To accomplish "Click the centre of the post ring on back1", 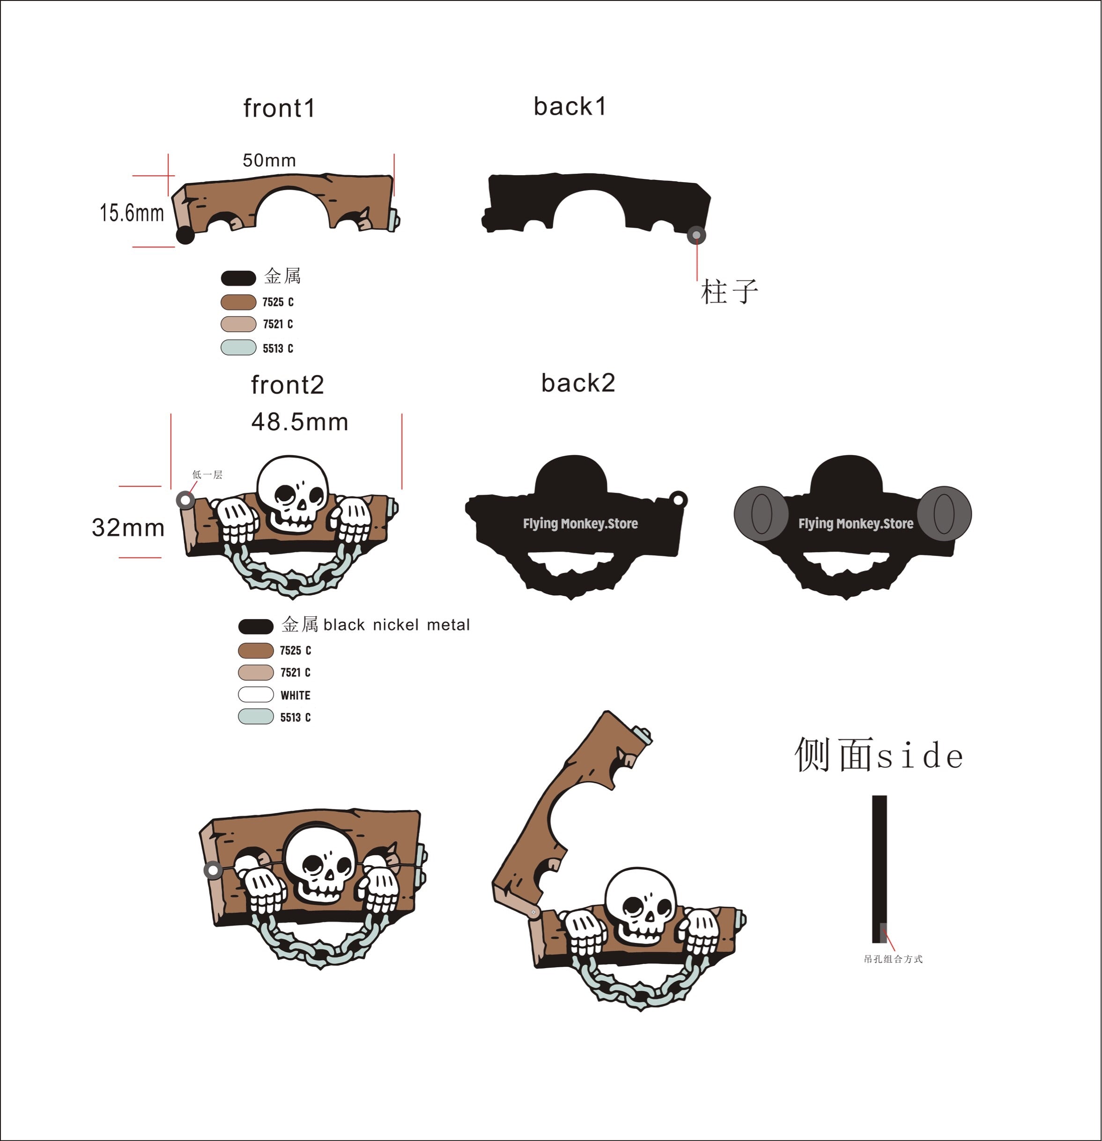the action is pos(696,235).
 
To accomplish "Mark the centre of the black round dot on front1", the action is pos(185,235).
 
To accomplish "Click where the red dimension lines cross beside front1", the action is pos(168,175).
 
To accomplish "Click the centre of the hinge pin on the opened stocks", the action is pos(533,911).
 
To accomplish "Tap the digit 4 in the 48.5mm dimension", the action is pos(259,422).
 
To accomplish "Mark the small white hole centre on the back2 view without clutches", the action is pos(678,499).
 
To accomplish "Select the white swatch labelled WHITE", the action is pos(256,695).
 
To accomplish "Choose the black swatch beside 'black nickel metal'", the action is pos(256,626).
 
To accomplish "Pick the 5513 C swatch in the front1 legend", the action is pos(238,348).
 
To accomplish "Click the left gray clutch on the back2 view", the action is pos(761,513).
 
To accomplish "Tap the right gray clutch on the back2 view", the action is pos(944,513).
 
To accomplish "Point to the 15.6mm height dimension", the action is pos(132,213).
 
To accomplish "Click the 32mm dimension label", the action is pos(128,528).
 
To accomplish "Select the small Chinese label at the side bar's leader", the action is pos(893,959).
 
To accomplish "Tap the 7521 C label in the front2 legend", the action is pos(295,673).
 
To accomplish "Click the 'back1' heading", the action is pos(570,106).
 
